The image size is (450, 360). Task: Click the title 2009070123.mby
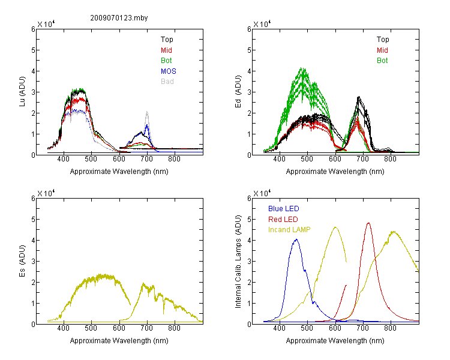pos(119,18)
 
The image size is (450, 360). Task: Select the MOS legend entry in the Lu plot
pos(169,71)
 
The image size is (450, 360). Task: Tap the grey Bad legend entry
pos(167,82)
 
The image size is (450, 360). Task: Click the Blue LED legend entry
pos(284,209)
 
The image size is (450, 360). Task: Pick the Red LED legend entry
pos(283,220)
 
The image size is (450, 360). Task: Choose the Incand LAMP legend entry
pos(289,230)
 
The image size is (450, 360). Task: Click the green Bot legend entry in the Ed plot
pos(382,61)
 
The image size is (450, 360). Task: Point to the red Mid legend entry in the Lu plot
pos(166,50)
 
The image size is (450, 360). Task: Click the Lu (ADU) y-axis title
pos(22,92)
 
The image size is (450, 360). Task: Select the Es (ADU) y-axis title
pos(22,261)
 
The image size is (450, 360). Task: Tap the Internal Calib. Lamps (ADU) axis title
pos(238,262)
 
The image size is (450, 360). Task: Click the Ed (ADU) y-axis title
pos(238,92)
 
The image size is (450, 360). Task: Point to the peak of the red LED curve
pos(368,223)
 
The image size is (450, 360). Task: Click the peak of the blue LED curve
pos(296,239)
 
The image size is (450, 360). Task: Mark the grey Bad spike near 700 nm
pos(147,112)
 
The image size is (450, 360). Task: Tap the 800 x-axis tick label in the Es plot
pos(174,328)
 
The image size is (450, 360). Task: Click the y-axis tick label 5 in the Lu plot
pos(33,50)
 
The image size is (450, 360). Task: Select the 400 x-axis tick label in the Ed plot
pos(279,159)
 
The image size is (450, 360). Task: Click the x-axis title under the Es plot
pos(119,341)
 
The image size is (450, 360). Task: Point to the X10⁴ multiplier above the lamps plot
pos(262,193)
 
